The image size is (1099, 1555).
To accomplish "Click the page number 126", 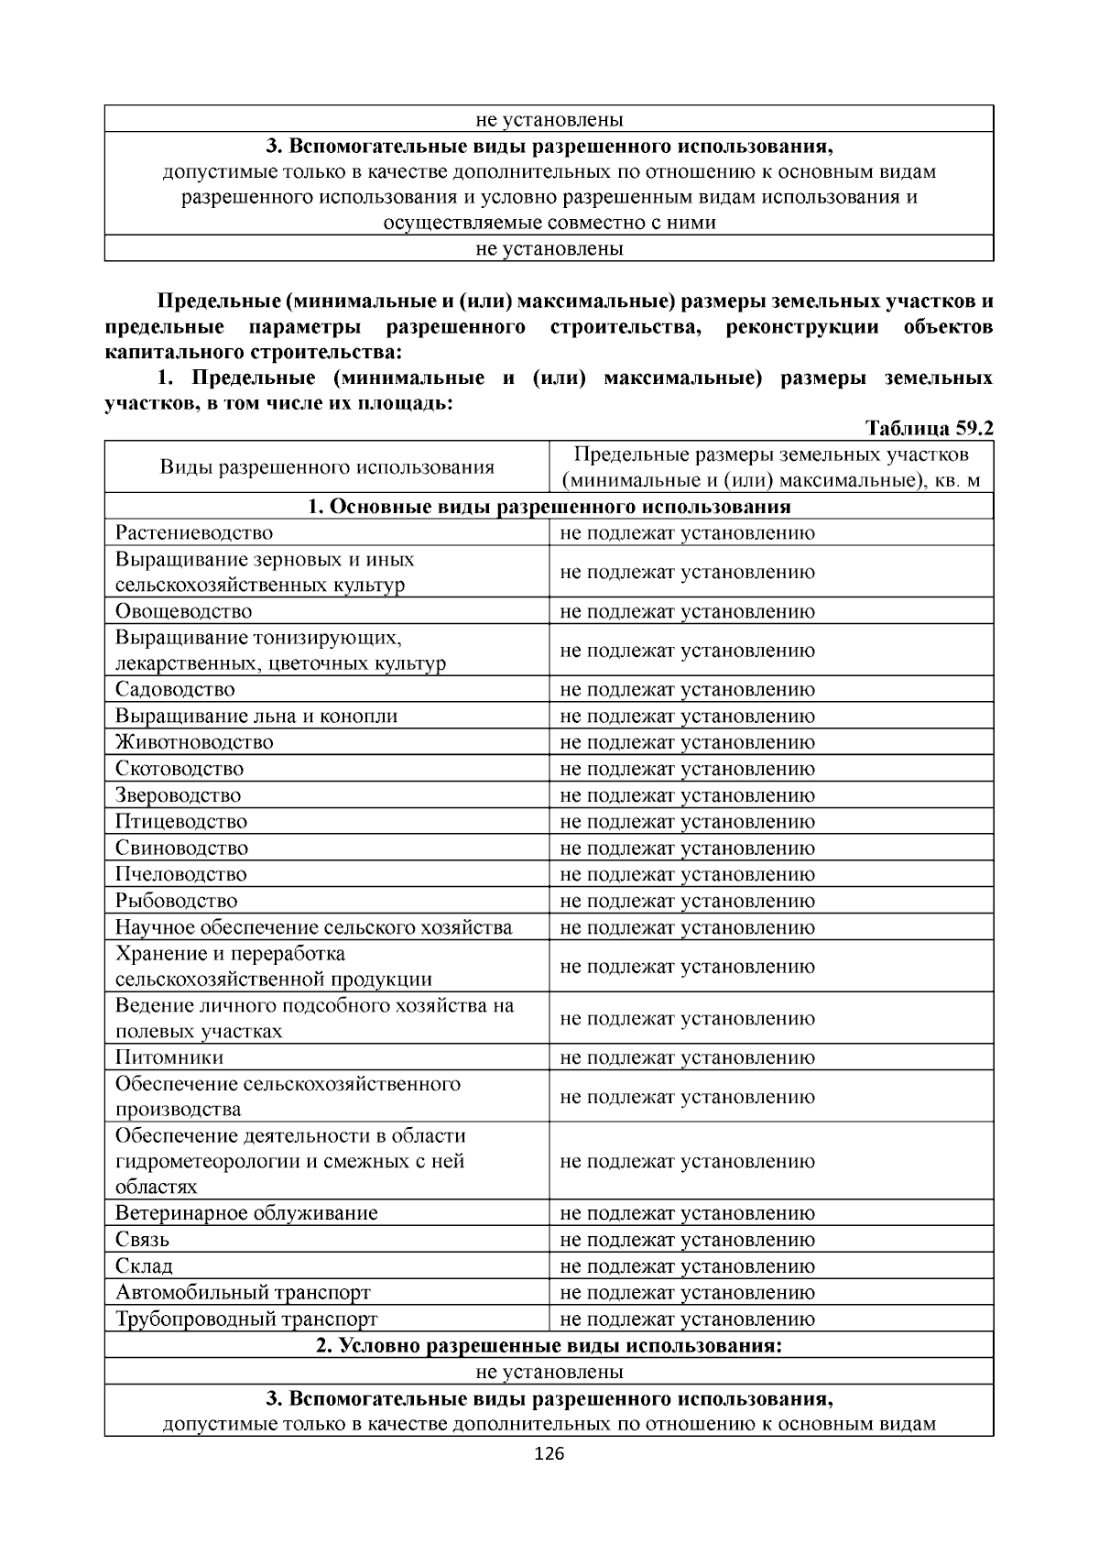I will pos(549,1454).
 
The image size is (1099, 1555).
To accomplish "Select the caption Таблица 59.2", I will pos(929,428).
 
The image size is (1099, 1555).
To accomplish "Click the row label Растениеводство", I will pos(194,533).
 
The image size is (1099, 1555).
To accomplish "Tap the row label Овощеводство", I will pos(183,611).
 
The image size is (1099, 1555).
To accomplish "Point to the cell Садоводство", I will pos(175,689).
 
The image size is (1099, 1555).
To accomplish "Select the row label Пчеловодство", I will pos(181,874).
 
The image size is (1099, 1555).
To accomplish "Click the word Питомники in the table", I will pos(169,1057).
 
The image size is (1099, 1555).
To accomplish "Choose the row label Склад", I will pos(144,1266).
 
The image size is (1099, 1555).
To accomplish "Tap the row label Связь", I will pos(142,1240).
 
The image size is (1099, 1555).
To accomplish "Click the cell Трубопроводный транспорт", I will pos(246,1320).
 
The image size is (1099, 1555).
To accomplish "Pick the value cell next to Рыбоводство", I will pos(687,901).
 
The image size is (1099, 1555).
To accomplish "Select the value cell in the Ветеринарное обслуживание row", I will pos(687,1213).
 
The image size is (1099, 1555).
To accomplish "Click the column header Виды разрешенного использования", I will pos(327,467).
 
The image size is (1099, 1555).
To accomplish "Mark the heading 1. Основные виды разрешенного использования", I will pos(549,507).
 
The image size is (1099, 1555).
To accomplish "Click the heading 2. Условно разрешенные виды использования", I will pos(549,1346).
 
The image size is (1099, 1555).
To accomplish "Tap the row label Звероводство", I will pos(179,795).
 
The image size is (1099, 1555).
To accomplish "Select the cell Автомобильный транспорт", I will pos(243,1293).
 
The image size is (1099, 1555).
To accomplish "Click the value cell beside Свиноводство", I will pos(687,848).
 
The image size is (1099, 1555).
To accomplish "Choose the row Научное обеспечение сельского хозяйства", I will pos(313,927).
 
